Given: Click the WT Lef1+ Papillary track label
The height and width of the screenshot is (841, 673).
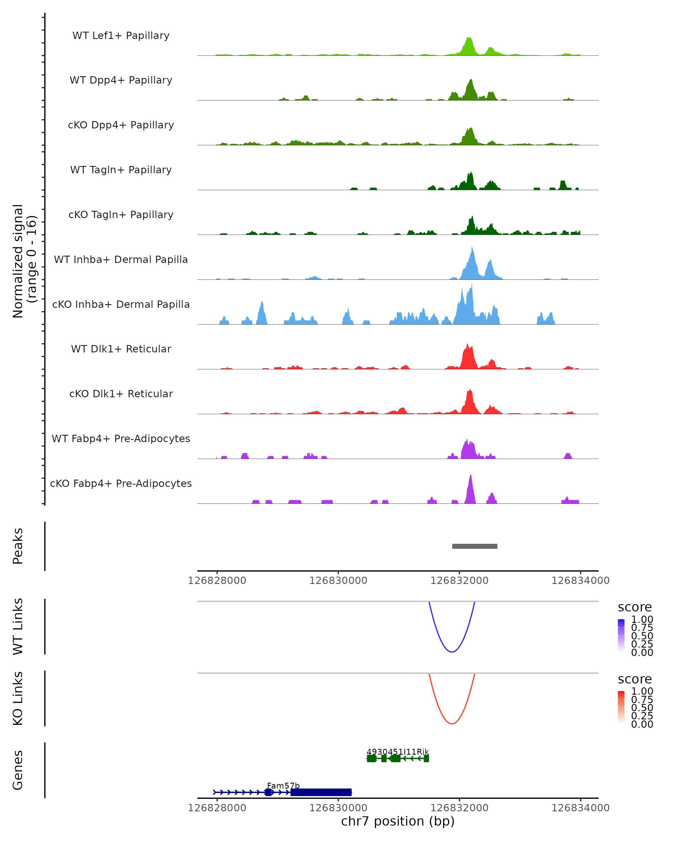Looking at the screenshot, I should click(x=121, y=36).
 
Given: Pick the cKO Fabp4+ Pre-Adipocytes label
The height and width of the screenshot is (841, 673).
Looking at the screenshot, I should click(x=121, y=483).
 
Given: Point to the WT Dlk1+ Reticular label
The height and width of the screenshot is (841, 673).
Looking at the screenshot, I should click(x=121, y=349).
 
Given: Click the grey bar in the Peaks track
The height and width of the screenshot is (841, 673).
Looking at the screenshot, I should click(x=474, y=546).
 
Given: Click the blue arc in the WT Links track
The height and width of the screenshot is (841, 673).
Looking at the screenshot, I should click(x=452, y=651).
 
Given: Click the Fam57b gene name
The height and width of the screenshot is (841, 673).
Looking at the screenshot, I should click(x=283, y=785).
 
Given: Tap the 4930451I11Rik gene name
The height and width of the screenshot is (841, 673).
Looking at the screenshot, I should click(x=398, y=752).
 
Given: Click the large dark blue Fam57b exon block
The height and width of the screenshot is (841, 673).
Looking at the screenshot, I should click(x=321, y=792).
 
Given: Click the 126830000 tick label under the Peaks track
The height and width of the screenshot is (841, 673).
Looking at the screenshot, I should click(x=338, y=581).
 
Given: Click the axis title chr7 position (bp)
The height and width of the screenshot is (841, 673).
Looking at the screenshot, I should click(x=398, y=821).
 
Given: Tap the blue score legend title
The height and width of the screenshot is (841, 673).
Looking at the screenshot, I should click(x=634, y=607).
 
